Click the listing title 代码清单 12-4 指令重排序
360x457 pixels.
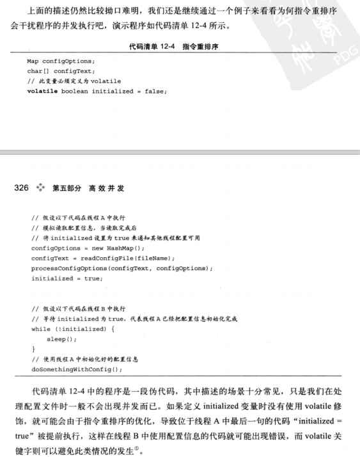[180, 46]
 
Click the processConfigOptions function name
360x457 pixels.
[72, 268]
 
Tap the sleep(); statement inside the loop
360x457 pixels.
[61, 339]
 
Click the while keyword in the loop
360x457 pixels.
[40, 328]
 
